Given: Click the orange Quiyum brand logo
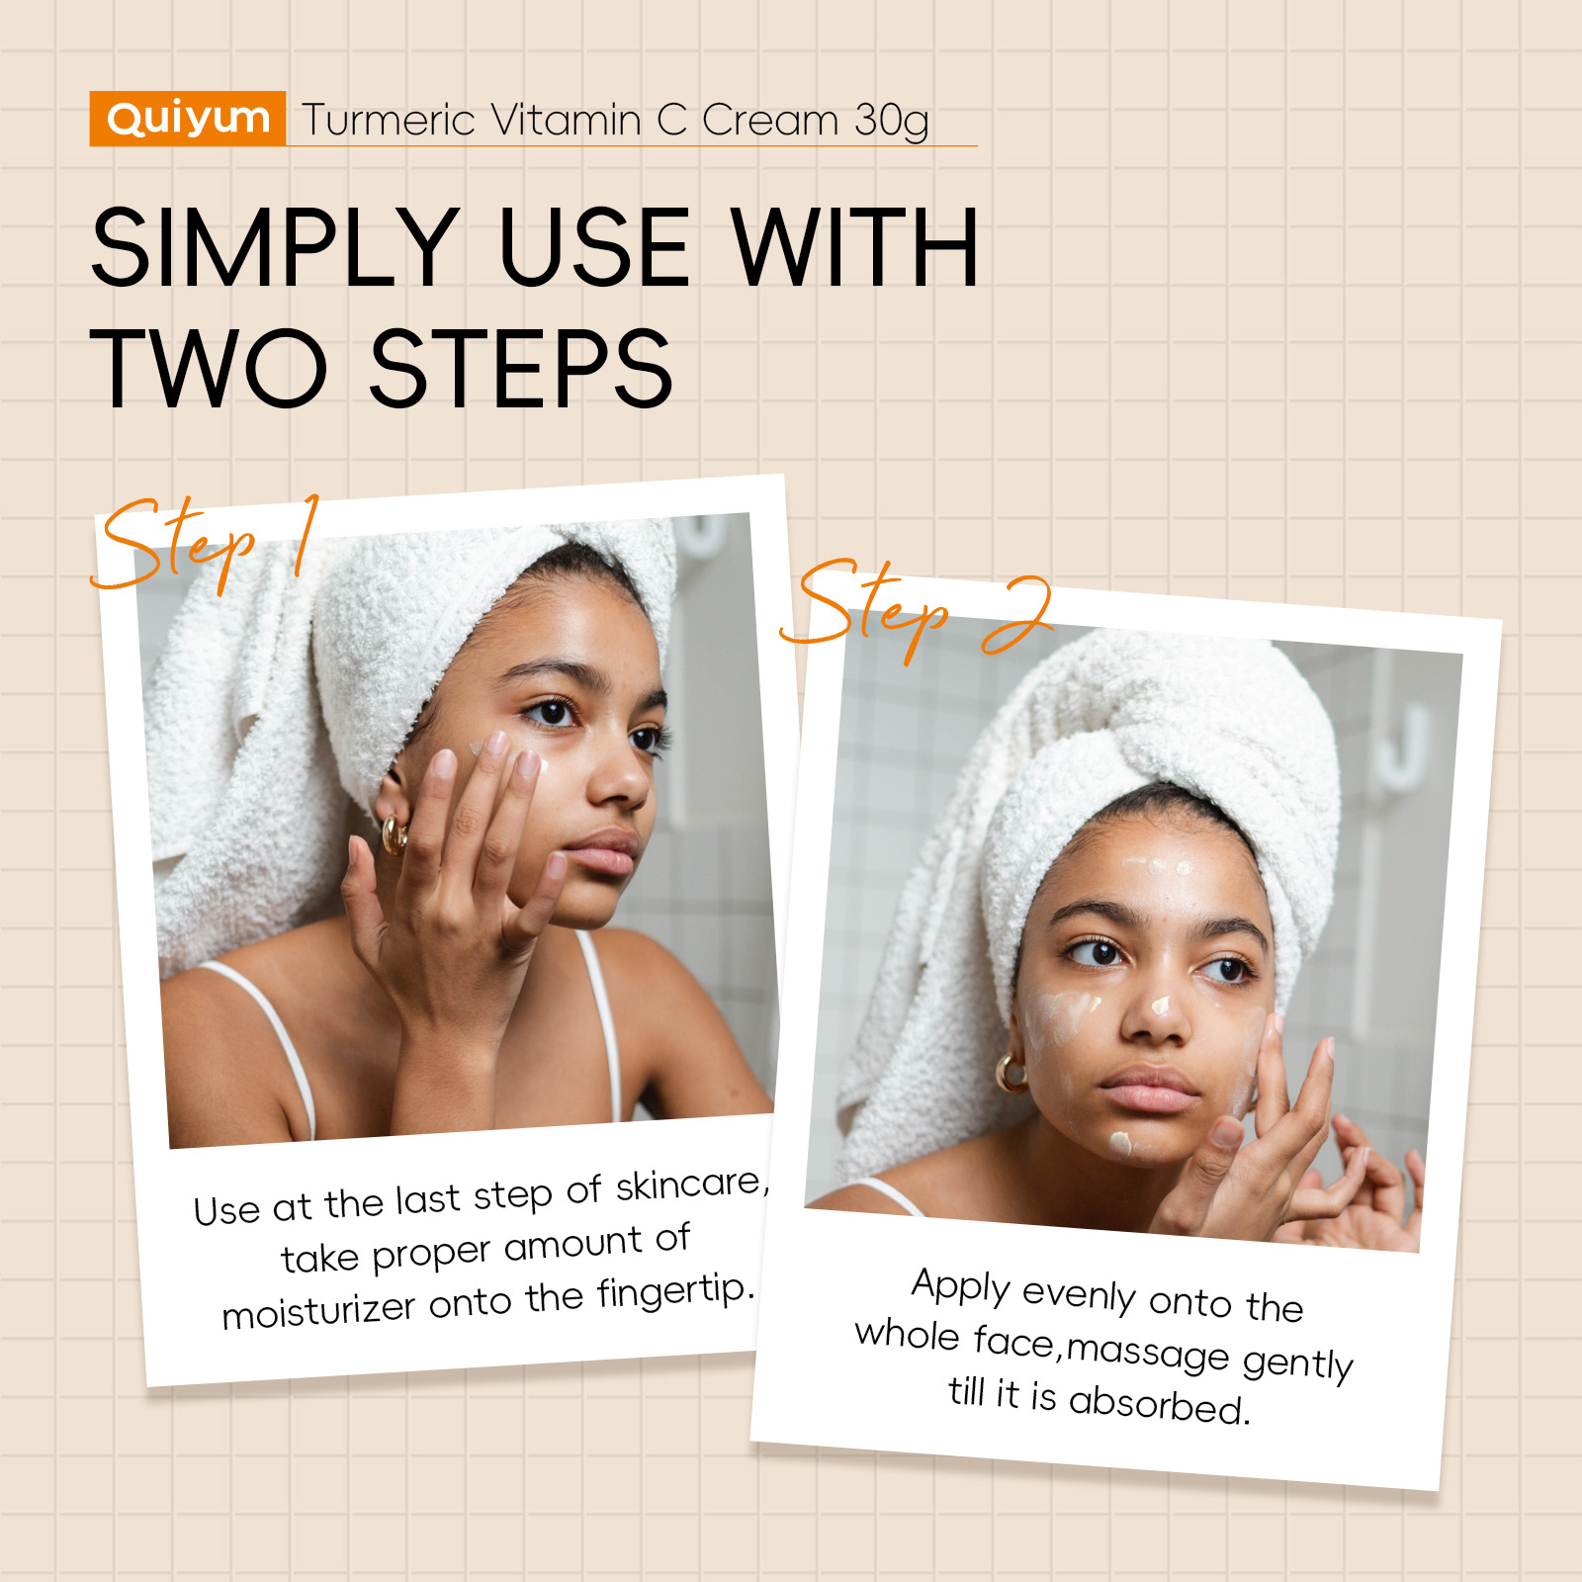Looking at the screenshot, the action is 188,119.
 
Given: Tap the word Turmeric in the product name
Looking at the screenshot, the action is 390,121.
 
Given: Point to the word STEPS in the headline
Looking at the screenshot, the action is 520,369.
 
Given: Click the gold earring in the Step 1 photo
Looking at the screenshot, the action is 394,835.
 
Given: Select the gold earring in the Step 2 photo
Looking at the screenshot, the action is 1011,1073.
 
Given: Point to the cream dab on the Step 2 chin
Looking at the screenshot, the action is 1120,1144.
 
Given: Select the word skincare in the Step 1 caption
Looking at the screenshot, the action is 691,1184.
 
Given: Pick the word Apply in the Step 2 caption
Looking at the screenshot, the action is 960,1286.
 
